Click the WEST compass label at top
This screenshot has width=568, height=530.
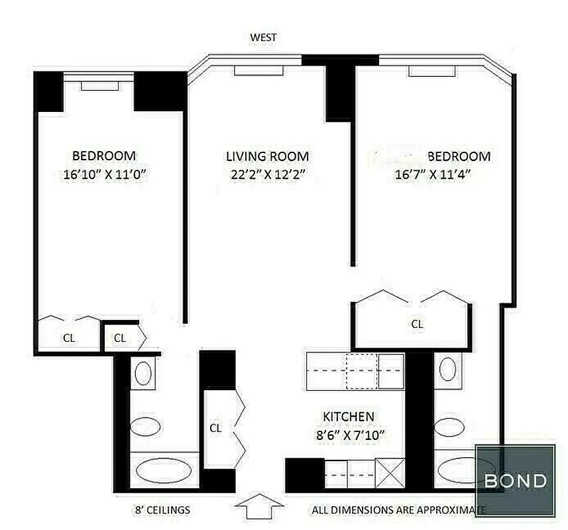(x=263, y=38)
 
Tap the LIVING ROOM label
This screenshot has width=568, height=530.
(x=267, y=157)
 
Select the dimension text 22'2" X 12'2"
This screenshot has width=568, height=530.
(x=267, y=176)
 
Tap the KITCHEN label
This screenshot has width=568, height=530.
(x=348, y=417)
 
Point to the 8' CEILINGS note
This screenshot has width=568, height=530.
(x=162, y=510)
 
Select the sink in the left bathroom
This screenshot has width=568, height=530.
(x=143, y=374)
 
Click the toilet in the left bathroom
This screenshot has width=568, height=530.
(x=145, y=426)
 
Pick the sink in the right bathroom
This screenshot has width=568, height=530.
(x=449, y=368)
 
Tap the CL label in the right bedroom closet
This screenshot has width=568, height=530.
(x=418, y=324)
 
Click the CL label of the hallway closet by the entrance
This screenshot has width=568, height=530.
(x=215, y=428)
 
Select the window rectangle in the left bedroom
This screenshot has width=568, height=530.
(x=100, y=85)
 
